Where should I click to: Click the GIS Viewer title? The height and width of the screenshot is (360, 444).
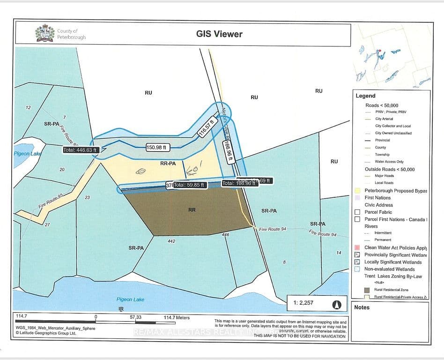(219, 34)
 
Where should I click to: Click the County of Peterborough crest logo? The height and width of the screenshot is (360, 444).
(45, 33)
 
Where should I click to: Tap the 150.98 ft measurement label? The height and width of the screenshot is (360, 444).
(157, 147)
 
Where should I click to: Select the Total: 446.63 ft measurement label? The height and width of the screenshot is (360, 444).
(81, 150)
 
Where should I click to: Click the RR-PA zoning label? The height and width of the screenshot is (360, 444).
(167, 164)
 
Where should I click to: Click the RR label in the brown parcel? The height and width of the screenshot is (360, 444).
(192, 210)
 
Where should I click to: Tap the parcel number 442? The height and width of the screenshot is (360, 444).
(171, 241)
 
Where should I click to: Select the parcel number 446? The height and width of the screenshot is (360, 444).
(225, 235)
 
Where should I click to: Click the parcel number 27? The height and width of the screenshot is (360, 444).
(47, 225)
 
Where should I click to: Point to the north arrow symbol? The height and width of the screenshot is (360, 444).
(336, 303)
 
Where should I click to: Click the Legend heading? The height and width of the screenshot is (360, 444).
(365, 96)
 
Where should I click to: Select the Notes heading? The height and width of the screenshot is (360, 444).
(362, 307)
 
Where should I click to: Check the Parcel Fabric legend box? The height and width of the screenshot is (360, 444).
(357, 212)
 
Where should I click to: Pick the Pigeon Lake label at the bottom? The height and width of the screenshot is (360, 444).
(130, 299)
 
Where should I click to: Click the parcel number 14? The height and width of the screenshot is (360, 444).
(339, 253)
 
